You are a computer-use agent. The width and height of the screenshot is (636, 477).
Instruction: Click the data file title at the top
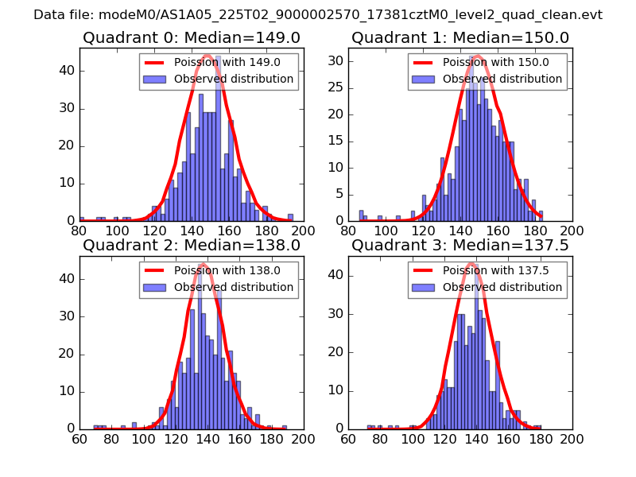click(318, 14)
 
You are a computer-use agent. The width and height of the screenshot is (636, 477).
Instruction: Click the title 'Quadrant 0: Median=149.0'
click(192, 37)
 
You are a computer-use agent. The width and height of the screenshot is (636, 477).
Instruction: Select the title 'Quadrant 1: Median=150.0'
click(460, 37)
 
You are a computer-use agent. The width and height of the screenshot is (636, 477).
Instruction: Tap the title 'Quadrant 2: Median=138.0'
click(192, 245)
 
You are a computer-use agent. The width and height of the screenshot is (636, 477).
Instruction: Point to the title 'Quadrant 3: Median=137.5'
click(460, 245)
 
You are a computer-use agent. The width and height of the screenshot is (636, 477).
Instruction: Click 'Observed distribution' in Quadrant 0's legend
click(234, 79)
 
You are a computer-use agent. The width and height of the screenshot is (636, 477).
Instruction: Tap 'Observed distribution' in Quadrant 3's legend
click(502, 286)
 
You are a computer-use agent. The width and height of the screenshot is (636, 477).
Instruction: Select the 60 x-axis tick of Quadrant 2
click(79, 438)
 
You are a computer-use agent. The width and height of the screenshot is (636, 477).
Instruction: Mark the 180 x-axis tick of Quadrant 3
click(540, 438)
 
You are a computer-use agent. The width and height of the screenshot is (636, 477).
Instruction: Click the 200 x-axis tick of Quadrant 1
click(572, 231)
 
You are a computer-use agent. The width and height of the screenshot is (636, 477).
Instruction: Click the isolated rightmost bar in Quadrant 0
click(290, 217)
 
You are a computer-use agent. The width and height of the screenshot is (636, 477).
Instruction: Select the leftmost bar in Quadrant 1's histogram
click(361, 215)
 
